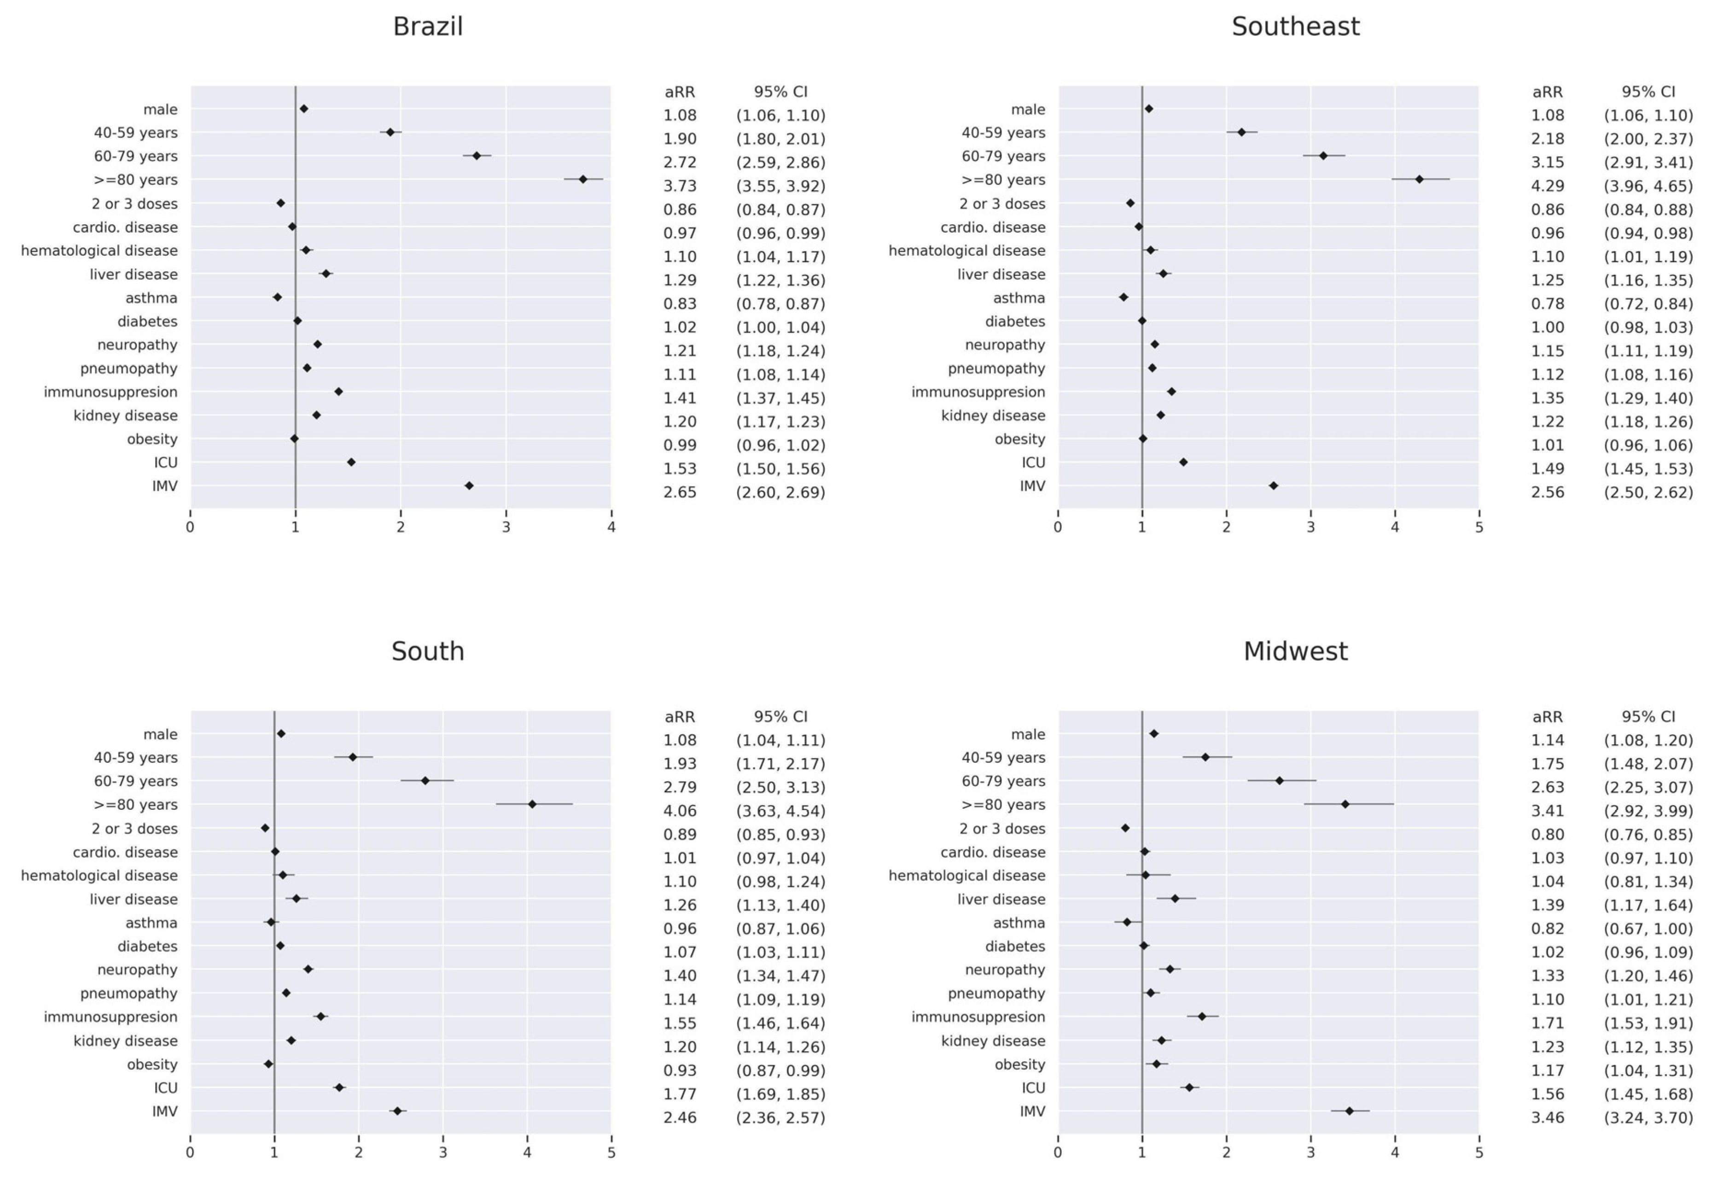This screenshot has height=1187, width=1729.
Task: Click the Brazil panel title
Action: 428,27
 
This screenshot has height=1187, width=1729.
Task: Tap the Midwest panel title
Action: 1295,652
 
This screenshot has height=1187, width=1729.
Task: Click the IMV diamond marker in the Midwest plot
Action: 1350,1111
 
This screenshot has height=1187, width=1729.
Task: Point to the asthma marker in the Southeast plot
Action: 1124,298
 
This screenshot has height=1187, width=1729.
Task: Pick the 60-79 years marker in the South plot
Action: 425,781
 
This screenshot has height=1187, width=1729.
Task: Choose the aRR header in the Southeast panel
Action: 1548,92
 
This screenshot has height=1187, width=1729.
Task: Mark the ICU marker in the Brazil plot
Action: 351,462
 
